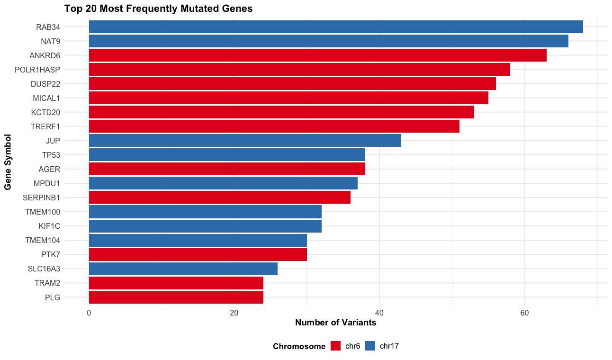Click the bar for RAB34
(336, 27)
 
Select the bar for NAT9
(328, 41)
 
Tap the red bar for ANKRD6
(317, 55)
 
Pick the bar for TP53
(227, 155)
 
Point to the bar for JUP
(245, 141)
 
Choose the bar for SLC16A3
(183, 269)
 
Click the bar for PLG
(176, 297)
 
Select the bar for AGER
(227, 169)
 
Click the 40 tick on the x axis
(379, 313)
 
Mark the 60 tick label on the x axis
(524, 313)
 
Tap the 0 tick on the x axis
(89, 313)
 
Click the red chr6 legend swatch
(335, 346)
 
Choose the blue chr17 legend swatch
(370, 346)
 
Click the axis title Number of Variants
(335, 323)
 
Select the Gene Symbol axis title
(8, 162)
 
